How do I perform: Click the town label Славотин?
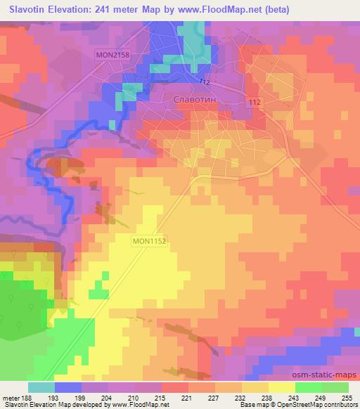(x=194, y=100)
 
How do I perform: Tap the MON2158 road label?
(x=115, y=54)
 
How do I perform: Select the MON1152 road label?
(x=153, y=240)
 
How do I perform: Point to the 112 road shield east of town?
(x=255, y=103)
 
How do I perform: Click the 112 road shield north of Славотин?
(x=205, y=82)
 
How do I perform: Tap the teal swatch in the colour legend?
(x=41, y=387)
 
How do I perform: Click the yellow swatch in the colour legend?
(x=282, y=387)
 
